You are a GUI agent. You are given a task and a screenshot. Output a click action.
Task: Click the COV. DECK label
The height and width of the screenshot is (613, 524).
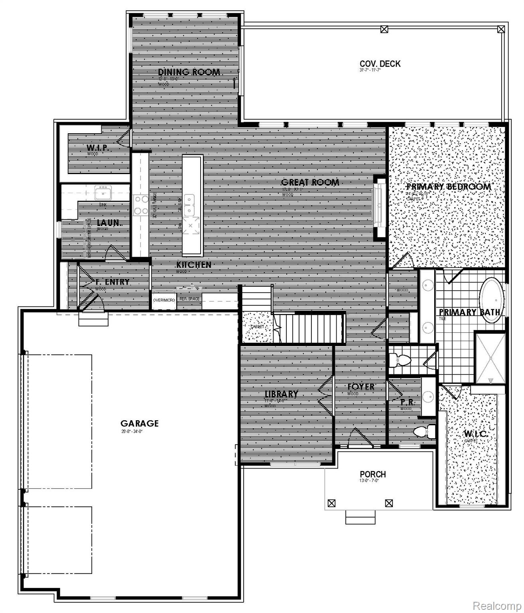380,64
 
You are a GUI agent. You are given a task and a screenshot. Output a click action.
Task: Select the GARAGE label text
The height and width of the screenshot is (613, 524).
140,423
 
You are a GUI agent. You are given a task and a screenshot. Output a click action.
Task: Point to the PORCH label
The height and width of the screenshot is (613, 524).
373,474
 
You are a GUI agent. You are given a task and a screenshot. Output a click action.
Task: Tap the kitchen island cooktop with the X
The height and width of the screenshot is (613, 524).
192,226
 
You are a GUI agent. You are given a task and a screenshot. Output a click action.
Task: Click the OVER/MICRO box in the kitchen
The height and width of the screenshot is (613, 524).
164,300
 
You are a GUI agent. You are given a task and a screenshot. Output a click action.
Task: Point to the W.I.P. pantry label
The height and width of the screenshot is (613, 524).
98,148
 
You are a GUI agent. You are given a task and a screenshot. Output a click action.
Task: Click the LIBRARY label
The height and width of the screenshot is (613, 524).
281,394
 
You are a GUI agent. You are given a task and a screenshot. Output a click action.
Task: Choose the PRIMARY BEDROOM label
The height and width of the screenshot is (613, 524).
448,187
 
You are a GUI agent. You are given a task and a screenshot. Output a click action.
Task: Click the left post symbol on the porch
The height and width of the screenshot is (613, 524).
331,504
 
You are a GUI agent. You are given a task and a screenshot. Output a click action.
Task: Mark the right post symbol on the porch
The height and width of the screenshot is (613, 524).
389,504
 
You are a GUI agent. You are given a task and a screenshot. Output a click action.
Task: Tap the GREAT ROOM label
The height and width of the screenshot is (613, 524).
310,182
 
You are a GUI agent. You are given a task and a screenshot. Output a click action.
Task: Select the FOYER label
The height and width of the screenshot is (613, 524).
360,386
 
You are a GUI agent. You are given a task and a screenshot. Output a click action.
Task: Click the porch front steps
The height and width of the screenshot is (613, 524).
360,518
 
